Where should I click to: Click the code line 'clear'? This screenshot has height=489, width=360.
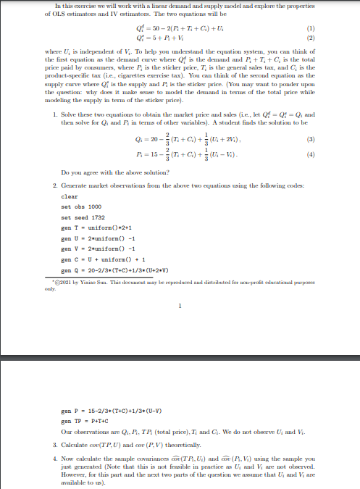coord(70,196)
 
